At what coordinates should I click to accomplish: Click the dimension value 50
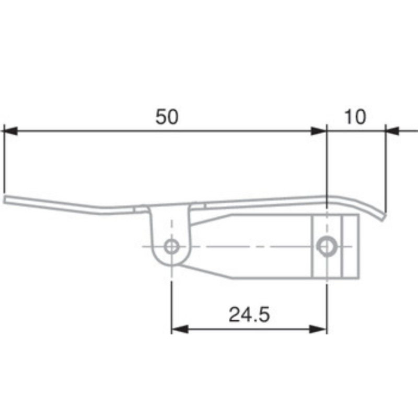click(167, 117)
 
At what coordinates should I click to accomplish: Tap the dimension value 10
click(356, 117)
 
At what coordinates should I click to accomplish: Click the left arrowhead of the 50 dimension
click(10, 131)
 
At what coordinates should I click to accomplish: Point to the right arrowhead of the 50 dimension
click(319, 131)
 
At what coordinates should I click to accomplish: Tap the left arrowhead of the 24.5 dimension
click(179, 329)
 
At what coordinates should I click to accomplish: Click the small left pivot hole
click(171, 246)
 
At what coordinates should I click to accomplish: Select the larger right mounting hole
click(327, 245)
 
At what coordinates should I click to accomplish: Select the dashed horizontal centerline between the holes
click(251, 246)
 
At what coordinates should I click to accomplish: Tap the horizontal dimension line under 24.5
click(249, 329)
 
